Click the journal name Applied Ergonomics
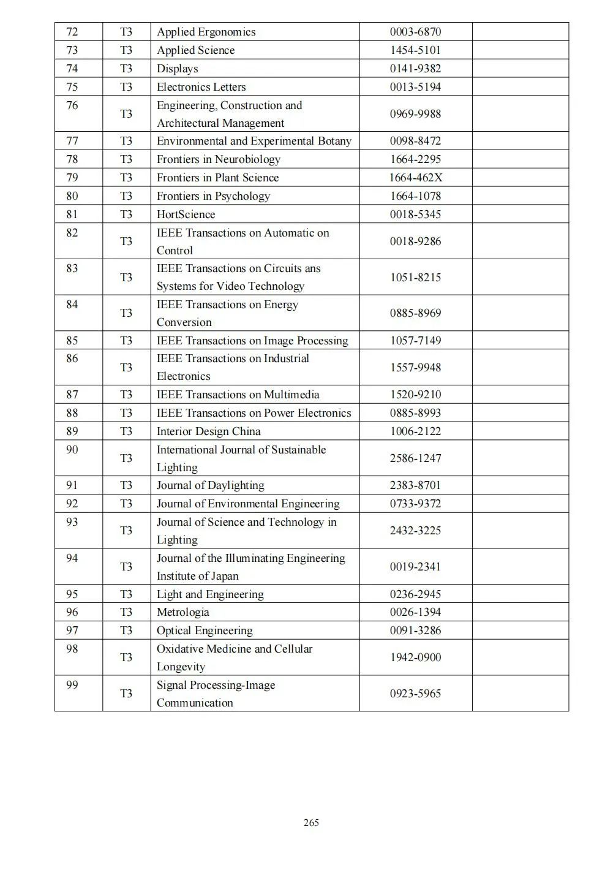206,32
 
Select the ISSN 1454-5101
415,50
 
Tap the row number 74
72,69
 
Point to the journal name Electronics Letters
201,87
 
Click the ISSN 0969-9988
415,114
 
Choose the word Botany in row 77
334,141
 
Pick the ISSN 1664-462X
415,178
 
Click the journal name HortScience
186,214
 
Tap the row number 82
72,233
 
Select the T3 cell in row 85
126,341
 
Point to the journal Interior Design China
208,431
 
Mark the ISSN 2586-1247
415,458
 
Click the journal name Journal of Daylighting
210,485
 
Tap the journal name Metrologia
182,612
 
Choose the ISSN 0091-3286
415,631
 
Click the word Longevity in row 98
181,667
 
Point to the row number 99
72,685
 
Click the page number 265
311,823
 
